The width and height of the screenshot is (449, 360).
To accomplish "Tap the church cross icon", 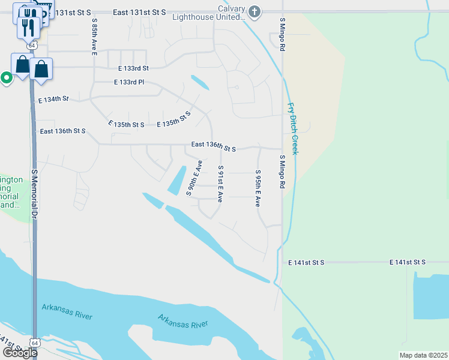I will [x=255, y=12].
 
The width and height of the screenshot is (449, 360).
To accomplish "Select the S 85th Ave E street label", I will [x=94, y=37].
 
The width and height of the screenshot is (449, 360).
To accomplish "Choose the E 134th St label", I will [x=53, y=99].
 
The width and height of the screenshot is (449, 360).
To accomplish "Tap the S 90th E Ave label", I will [x=194, y=178].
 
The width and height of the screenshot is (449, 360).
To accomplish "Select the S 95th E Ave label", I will [x=258, y=188].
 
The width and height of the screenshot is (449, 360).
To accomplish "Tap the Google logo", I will [x=19, y=353].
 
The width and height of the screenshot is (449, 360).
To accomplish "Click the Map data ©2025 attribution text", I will [x=423, y=355].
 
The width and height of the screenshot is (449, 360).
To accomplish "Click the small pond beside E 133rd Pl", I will [x=199, y=82].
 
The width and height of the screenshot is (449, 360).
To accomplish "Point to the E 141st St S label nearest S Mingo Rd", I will [x=306, y=263].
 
